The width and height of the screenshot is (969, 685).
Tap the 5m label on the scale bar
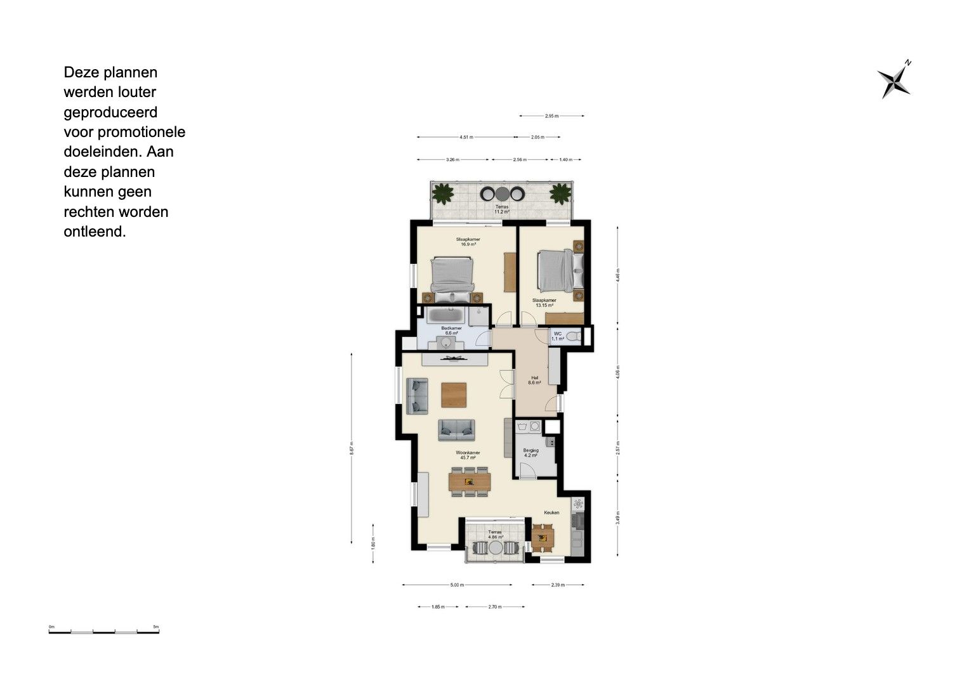[x=156, y=627]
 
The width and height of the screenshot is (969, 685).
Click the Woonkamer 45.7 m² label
[x=468, y=455]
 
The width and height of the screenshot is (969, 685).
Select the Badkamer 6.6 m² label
[x=451, y=330]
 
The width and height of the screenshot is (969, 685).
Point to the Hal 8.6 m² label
[x=534, y=381]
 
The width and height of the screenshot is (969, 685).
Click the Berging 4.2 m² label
[x=531, y=453]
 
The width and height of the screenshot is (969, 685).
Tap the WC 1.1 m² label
[x=558, y=336]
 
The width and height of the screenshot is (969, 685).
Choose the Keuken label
[x=551, y=512]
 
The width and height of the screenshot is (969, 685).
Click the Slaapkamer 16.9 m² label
[x=468, y=242]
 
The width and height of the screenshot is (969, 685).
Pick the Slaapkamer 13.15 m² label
[x=544, y=303]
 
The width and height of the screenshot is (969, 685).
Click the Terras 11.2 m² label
[x=502, y=209]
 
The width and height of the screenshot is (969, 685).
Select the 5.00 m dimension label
[x=457, y=585]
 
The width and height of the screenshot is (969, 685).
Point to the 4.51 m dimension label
[x=466, y=137]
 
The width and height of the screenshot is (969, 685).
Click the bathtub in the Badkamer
[x=446, y=315]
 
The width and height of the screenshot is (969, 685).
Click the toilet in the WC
[x=574, y=336]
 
